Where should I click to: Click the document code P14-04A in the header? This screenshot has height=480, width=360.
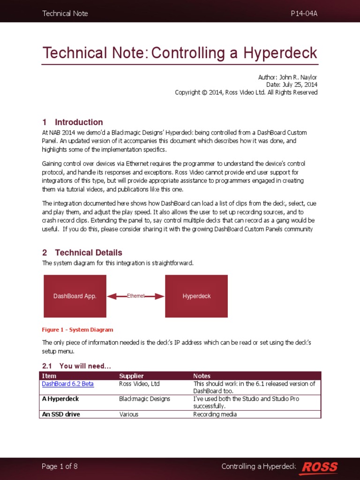(304, 13)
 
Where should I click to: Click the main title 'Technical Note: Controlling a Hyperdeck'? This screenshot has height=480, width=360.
(180, 52)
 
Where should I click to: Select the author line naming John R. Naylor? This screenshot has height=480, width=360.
(287, 76)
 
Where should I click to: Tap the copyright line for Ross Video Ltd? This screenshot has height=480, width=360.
(246, 92)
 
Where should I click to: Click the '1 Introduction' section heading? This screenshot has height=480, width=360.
(73, 122)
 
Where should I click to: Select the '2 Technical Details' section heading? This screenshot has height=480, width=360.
(82, 252)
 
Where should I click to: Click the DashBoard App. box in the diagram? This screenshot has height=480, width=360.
(75, 296)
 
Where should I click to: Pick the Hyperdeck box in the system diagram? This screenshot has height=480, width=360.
(196, 296)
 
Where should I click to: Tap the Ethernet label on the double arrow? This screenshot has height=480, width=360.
(136, 296)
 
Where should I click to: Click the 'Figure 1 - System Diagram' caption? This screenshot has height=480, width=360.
(77, 330)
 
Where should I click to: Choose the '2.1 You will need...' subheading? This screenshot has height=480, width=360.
(76, 366)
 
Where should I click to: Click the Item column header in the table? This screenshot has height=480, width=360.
(49, 375)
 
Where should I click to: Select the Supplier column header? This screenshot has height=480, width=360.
(131, 375)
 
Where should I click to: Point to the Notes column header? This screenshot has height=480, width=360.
(202, 375)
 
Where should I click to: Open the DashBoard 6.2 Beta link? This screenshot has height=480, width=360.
(68, 383)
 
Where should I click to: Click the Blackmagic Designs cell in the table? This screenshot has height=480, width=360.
(144, 398)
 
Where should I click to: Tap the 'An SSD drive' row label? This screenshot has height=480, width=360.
(61, 414)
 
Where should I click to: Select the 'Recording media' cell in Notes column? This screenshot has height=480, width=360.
(215, 414)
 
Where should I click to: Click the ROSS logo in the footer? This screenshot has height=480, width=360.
(319, 466)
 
